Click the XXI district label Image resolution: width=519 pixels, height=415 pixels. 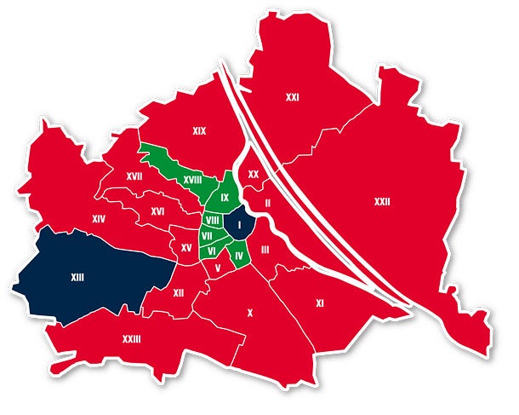(x=292, y=98)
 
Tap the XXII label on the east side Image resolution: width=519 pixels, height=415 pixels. (x=382, y=202)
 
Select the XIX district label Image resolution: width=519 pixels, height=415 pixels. (x=200, y=131)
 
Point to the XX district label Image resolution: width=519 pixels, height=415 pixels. (x=253, y=174)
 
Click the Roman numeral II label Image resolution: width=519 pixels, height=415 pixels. (x=267, y=203)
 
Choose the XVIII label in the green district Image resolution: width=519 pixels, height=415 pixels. (x=192, y=180)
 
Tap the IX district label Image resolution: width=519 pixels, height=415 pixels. (x=225, y=198)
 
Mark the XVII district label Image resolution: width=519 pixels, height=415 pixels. (x=134, y=176)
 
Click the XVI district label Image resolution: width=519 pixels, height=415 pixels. (x=157, y=210)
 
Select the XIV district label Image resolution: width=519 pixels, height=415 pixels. (x=99, y=219)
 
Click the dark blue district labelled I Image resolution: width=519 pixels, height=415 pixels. (x=241, y=225)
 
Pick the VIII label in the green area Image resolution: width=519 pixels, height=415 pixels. (x=213, y=220)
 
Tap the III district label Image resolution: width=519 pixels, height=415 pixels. (x=265, y=249)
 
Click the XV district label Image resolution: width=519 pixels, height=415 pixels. (x=186, y=247)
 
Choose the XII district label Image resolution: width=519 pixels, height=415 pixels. (x=178, y=292)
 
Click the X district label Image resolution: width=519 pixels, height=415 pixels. (x=249, y=313)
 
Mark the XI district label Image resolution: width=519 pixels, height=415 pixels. (x=320, y=303)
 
